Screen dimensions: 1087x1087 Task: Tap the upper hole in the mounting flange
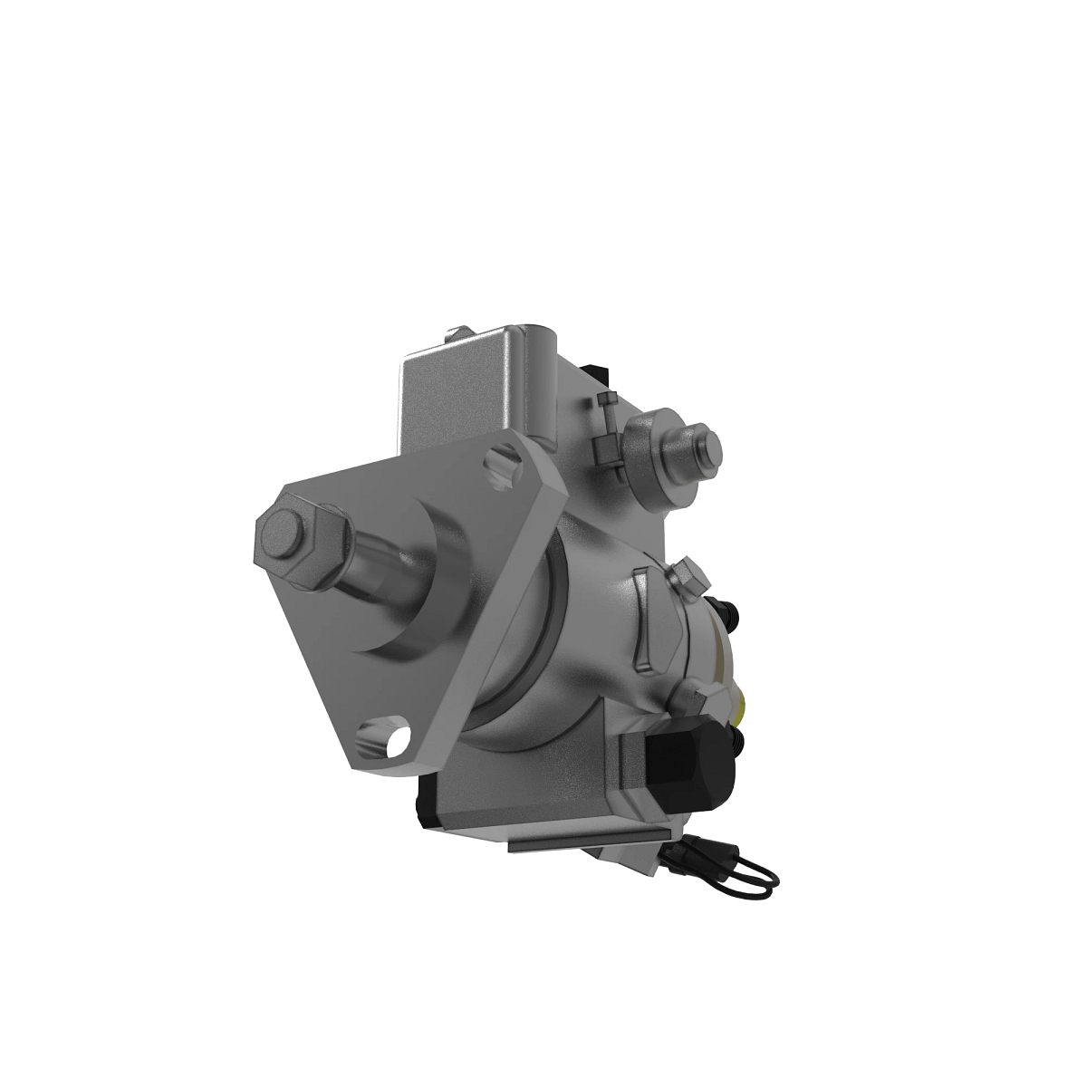(x=498, y=465)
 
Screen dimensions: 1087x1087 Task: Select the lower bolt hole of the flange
(x=382, y=737)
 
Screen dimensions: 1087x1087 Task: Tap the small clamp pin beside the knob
(x=606, y=435)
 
